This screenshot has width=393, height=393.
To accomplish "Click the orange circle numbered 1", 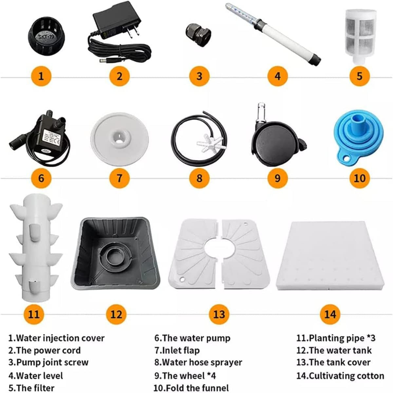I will (41, 76).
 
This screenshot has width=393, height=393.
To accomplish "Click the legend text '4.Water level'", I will (36, 376).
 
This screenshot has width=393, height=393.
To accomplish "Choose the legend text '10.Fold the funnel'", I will (191, 388).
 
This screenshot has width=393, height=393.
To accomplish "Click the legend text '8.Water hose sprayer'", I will (198, 362).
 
